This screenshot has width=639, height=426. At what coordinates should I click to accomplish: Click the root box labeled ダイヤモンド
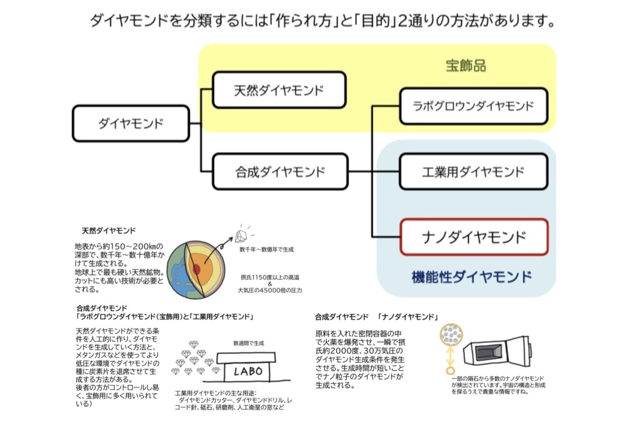(131, 123)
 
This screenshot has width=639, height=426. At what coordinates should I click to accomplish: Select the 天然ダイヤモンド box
(279, 90)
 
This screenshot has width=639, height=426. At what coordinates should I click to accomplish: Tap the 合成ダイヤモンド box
(280, 172)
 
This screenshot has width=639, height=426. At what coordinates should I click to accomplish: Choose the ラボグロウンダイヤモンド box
(473, 106)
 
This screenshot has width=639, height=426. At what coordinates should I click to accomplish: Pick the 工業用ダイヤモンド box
(473, 172)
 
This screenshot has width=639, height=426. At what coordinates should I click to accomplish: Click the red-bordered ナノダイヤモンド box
(473, 237)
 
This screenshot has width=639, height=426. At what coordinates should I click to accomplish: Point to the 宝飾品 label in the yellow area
(465, 66)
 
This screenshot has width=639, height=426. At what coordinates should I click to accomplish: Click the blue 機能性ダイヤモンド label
(472, 277)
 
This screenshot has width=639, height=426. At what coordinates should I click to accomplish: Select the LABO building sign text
(248, 371)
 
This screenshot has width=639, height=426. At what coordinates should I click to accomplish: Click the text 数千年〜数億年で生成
(266, 249)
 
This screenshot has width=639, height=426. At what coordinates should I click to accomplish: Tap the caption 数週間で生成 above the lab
(249, 344)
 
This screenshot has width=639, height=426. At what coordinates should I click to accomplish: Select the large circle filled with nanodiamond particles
(450, 334)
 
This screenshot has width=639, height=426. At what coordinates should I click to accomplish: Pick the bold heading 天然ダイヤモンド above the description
(109, 230)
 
